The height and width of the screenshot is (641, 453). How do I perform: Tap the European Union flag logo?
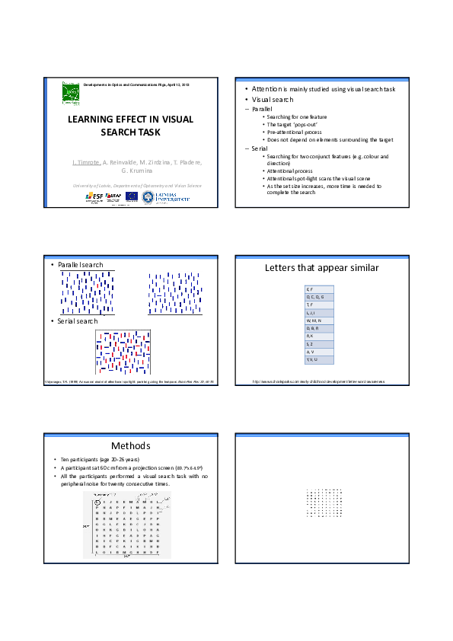[x=132, y=196]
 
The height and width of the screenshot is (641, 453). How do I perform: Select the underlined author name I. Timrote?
[x=86, y=163]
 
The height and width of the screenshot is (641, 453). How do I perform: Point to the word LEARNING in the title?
[x=94, y=120]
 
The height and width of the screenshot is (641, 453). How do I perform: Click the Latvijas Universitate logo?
[x=171, y=196]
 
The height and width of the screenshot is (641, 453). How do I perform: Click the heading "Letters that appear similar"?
[x=321, y=268]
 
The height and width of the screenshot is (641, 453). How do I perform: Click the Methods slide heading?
[x=130, y=445]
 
